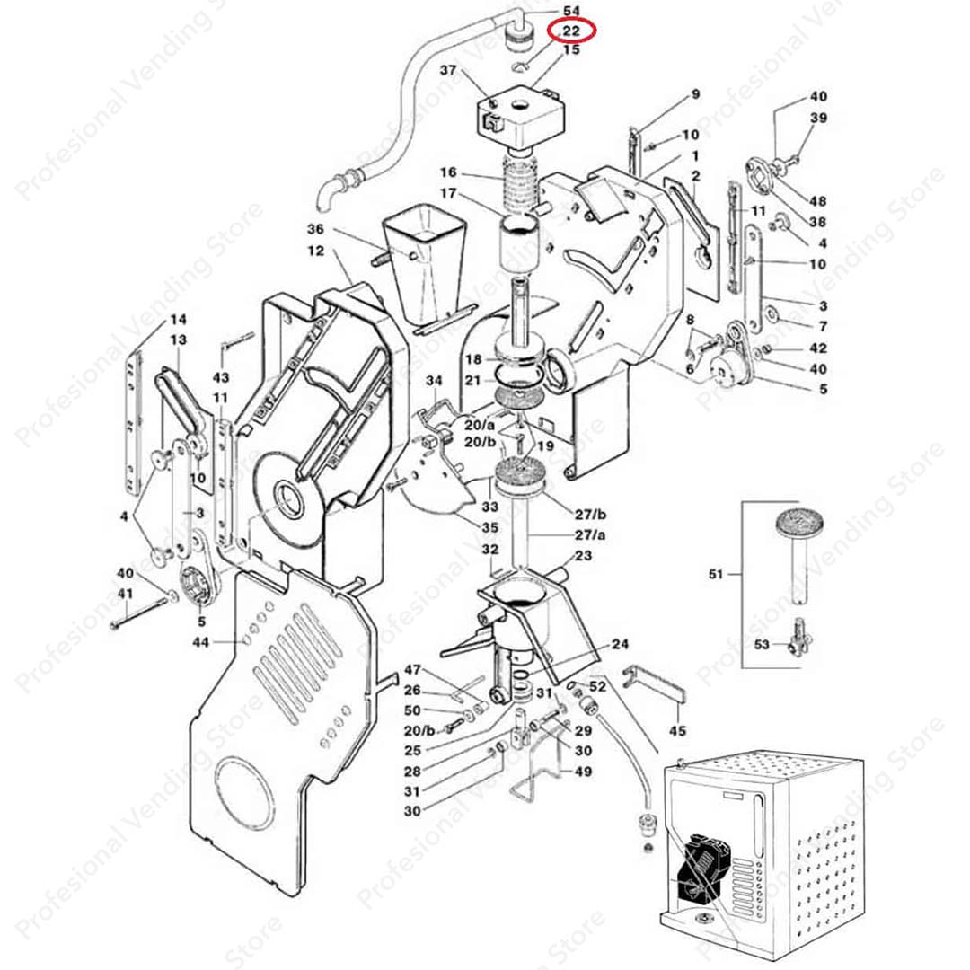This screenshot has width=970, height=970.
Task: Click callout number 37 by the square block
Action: [x=448, y=70]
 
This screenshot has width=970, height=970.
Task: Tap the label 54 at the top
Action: [x=572, y=10]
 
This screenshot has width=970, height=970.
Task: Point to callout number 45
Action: [x=677, y=731]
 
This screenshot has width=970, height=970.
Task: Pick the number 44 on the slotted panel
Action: [x=200, y=641]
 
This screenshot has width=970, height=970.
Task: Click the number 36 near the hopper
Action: [x=314, y=229]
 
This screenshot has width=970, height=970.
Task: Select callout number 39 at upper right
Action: [x=818, y=119]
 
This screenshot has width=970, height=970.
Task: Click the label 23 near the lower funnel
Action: [x=583, y=557]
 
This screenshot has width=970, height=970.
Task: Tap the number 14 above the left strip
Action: [x=178, y=320]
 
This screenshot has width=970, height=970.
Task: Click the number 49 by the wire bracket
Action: [x=584, y=771]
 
